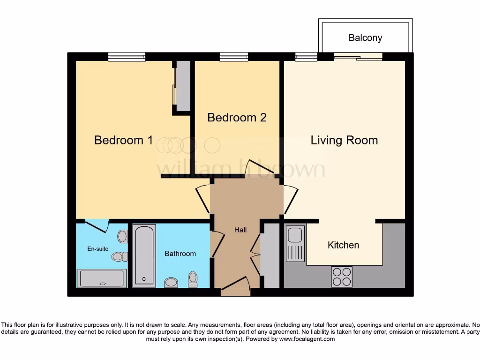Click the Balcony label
(x=365, y=38)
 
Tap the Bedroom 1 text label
(x=124, y=140)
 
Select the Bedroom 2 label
(x=237, y=117)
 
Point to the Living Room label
(x=344, y=140)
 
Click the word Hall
(x=240, y=230)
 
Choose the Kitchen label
(x=343, y=245)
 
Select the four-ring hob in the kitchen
(x=342, y=276)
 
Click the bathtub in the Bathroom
(x=144, y=255)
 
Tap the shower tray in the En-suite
(x=102, y=278)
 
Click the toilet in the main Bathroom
(x=193, y=279)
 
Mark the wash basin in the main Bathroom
(x=171, y=282)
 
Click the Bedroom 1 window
(x=127, y=57)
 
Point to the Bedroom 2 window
(x=233, y=57)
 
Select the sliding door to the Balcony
(x=358, y=57)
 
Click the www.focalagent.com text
(x=307, y=339)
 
